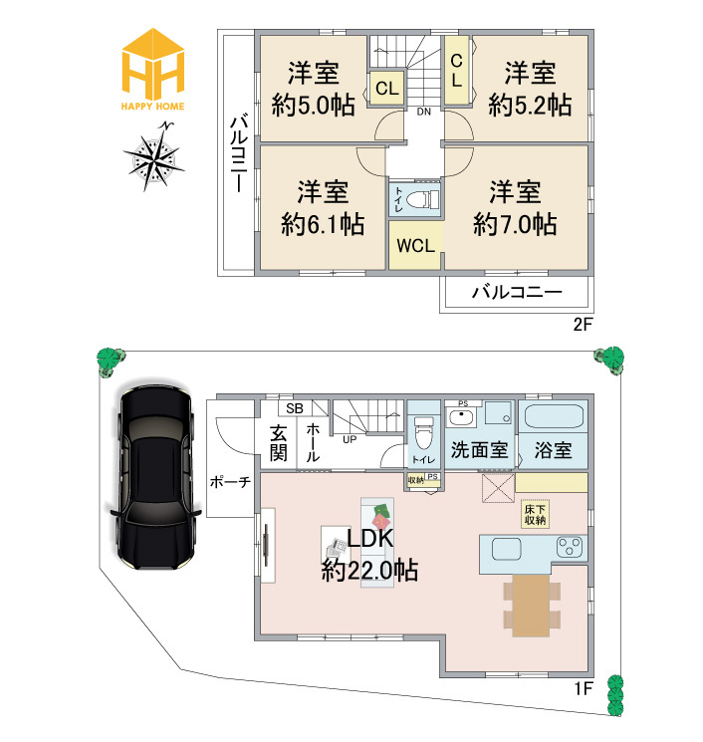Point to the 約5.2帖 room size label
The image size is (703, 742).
(x=530, y=103)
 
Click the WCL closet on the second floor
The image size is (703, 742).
(x=414, y=246)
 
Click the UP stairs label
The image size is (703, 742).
(x=350, y=438)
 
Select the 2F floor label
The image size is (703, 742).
(x=583, y=324)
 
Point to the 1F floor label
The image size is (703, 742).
(x=583, y=687)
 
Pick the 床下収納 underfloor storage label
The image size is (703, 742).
(x=535, y=514)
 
